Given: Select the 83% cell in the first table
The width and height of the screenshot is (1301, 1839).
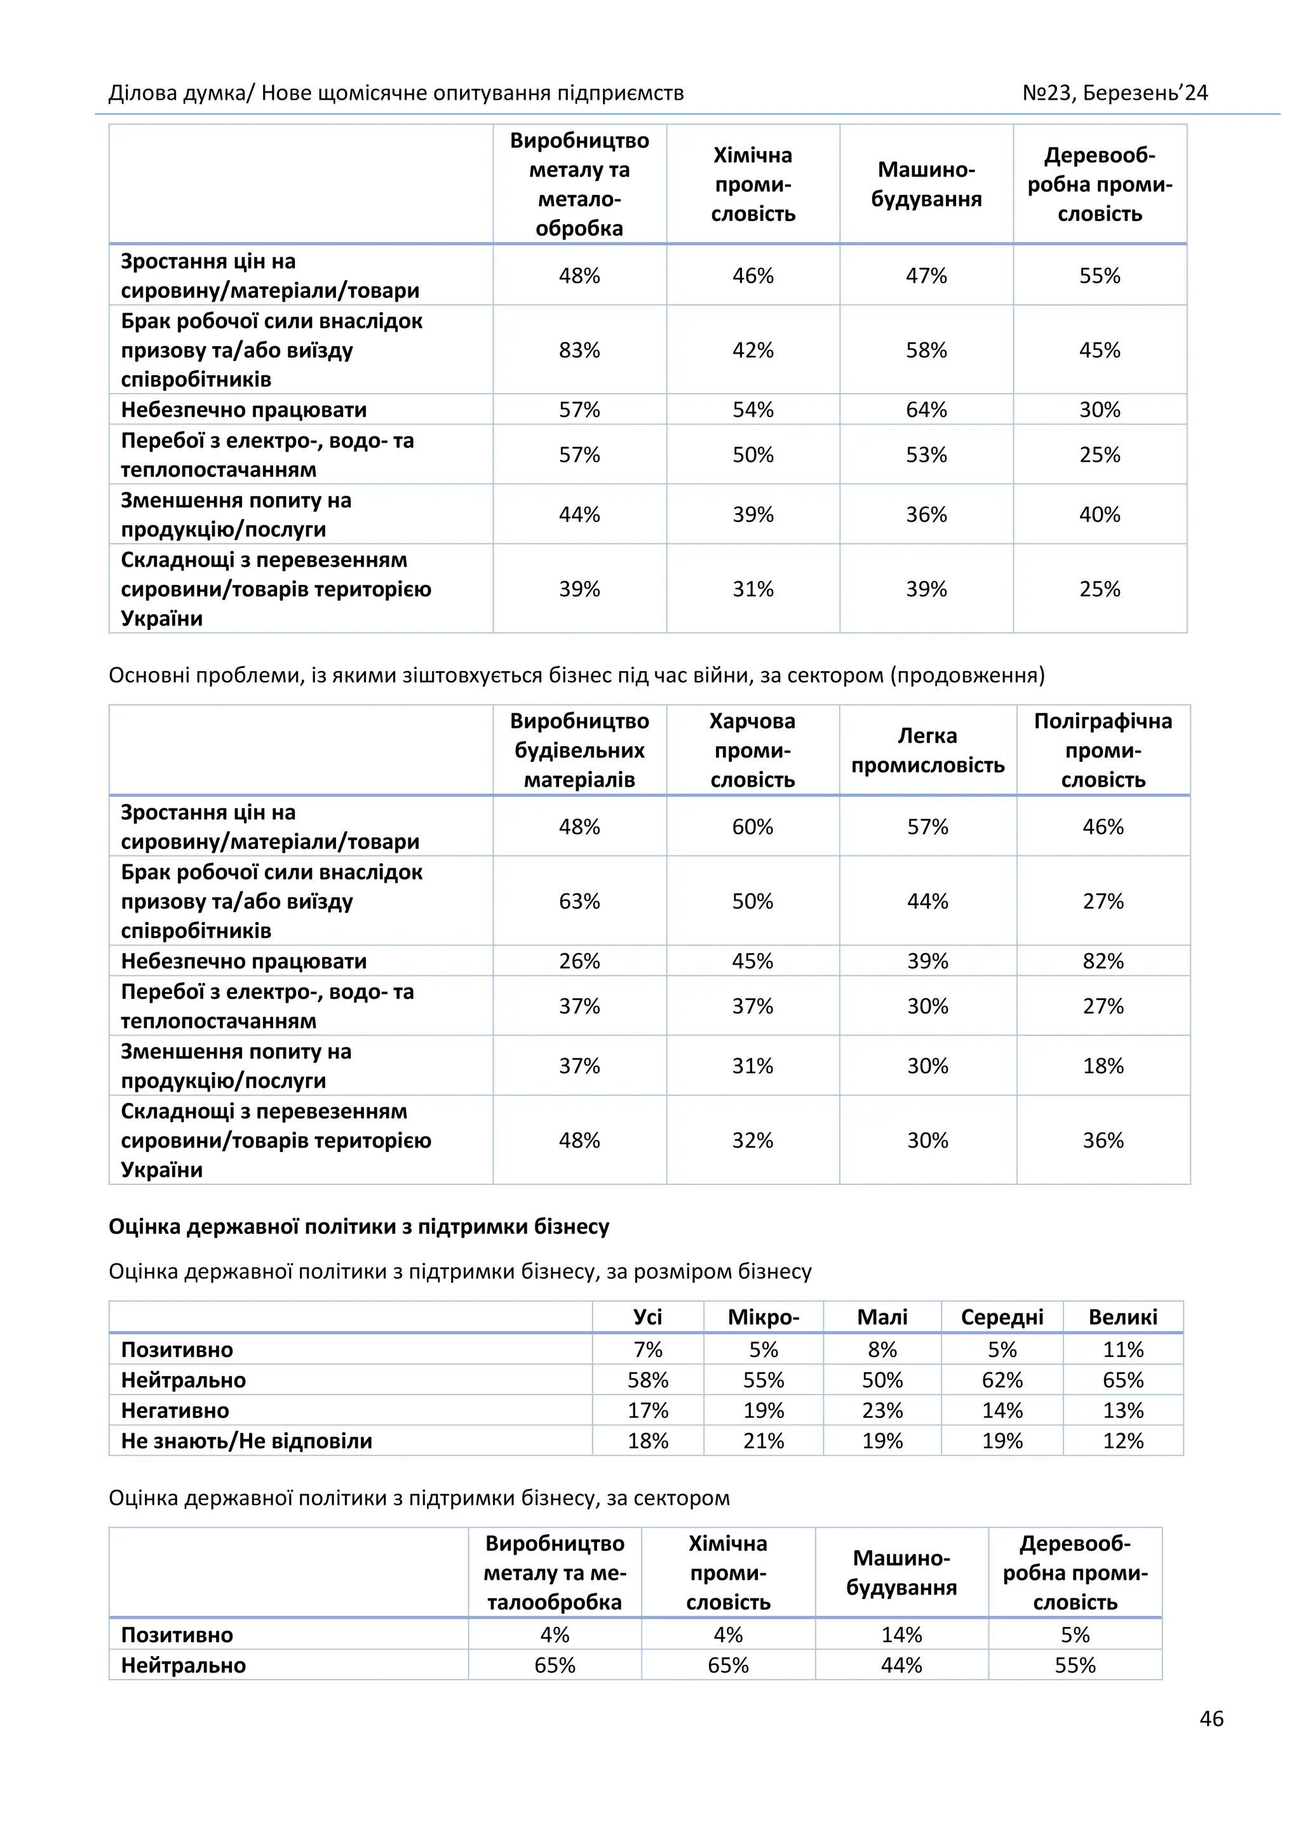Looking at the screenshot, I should coord(579,350).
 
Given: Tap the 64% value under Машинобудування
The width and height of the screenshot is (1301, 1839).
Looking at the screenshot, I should coord(926,410).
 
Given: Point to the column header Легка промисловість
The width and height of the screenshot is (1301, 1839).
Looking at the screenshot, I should coord(927,750).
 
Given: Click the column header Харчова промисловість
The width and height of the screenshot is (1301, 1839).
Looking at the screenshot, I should coord(752,750).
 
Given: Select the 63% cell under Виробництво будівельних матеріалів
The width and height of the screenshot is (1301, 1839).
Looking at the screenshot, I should coord(579,901).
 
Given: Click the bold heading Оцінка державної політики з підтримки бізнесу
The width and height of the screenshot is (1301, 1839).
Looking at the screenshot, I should coord(359,1226).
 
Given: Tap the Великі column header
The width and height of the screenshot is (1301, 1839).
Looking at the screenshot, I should coord(1122,1317).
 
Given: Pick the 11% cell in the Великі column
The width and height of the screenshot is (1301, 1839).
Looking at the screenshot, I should coord(1122,1349).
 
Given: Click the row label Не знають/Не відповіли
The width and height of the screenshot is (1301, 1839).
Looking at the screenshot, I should coord(246,1441).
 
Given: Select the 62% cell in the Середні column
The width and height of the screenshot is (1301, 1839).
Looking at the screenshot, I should coord(1002,1380).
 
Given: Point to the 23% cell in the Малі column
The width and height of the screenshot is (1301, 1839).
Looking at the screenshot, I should coord(882,1410).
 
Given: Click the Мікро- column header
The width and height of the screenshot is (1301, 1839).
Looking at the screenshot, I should coord(763,1317).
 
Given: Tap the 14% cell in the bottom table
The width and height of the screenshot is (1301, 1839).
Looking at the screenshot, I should coord(901,1635).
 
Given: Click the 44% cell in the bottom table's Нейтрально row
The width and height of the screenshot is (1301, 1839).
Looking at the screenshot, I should coord(901,1665).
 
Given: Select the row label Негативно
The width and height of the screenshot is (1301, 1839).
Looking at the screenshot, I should coord(175,1410).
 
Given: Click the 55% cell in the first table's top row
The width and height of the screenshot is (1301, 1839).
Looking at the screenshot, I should coord(1099,276).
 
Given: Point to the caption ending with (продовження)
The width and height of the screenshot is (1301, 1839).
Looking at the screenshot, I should coord(577,675).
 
